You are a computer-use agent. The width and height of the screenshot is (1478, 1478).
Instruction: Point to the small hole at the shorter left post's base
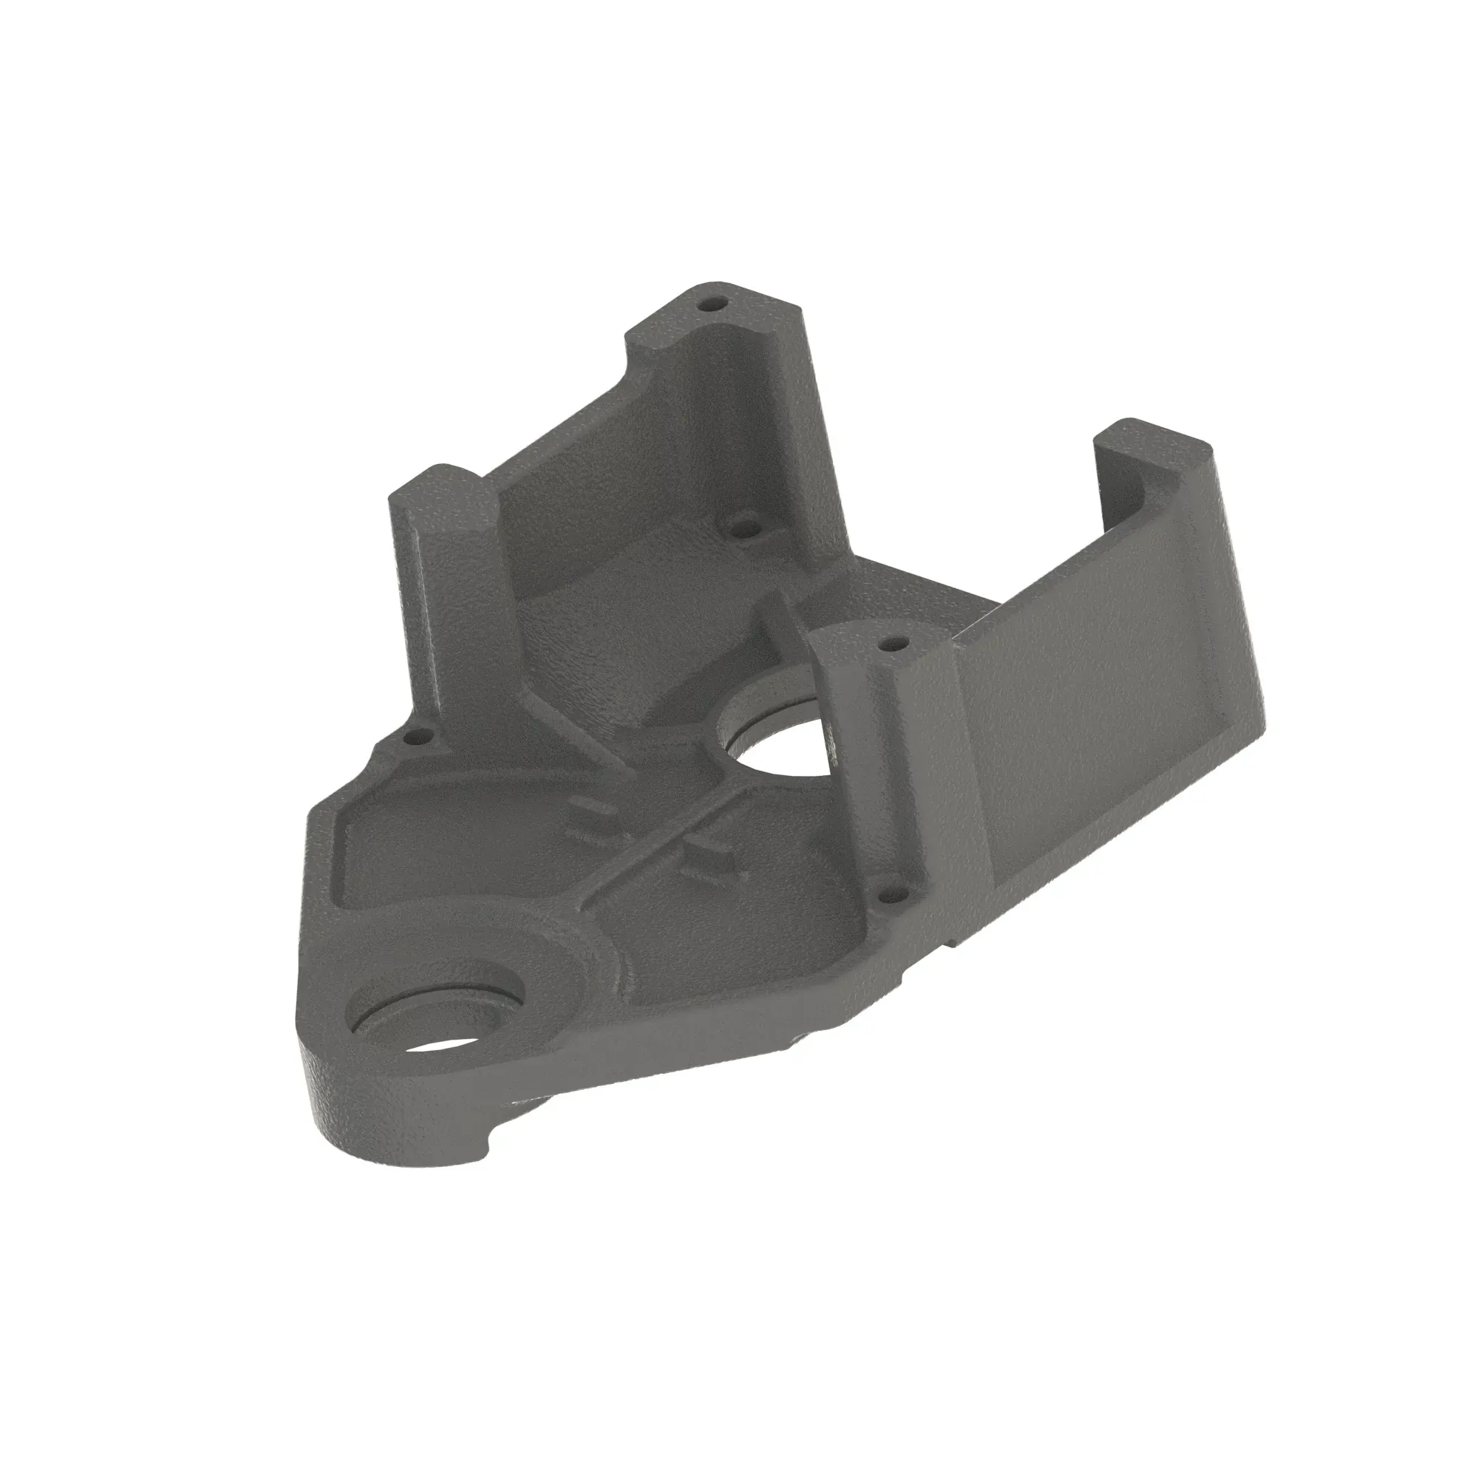(x=416, y=739)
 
